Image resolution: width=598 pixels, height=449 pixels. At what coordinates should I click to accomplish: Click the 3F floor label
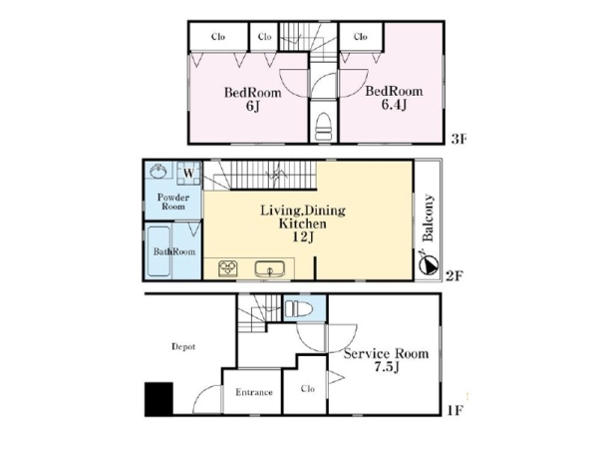(458, 140)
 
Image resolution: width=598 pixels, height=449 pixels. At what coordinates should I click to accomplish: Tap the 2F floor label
(454, 275)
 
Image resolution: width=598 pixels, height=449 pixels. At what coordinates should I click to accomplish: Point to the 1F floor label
(455, 410)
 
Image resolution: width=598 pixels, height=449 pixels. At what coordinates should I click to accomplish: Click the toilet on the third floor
(324, 127)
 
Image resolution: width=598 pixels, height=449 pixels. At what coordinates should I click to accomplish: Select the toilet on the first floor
(299, 307)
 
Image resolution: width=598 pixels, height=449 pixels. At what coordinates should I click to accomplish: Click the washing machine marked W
(189, 174)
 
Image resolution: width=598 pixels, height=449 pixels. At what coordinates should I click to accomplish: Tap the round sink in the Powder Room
(158, 171)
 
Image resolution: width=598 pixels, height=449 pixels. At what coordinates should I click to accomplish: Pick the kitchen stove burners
(228, 268)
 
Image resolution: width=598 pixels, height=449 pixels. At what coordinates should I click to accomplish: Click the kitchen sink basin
(270, 268)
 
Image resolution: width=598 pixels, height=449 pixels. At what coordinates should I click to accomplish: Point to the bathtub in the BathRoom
(158, 251)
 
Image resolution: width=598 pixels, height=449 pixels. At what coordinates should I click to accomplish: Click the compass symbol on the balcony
(428, 263)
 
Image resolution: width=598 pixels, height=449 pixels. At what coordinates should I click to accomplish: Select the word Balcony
(429, 219)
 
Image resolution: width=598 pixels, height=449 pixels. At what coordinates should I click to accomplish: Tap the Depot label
(183, 346)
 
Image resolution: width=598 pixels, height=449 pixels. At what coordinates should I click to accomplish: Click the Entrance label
(253, 392)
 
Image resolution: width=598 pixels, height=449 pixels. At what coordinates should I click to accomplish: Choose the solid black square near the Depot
(158, 398)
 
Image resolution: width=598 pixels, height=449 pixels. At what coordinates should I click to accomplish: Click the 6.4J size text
(394, 105)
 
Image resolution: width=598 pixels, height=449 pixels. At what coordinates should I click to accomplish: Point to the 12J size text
(303, 237)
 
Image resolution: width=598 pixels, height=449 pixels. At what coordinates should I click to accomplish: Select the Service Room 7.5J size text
(387, 367)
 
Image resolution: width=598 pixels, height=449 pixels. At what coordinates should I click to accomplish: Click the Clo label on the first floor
(308, 389)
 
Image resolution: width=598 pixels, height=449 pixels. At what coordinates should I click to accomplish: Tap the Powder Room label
(173, 202)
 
